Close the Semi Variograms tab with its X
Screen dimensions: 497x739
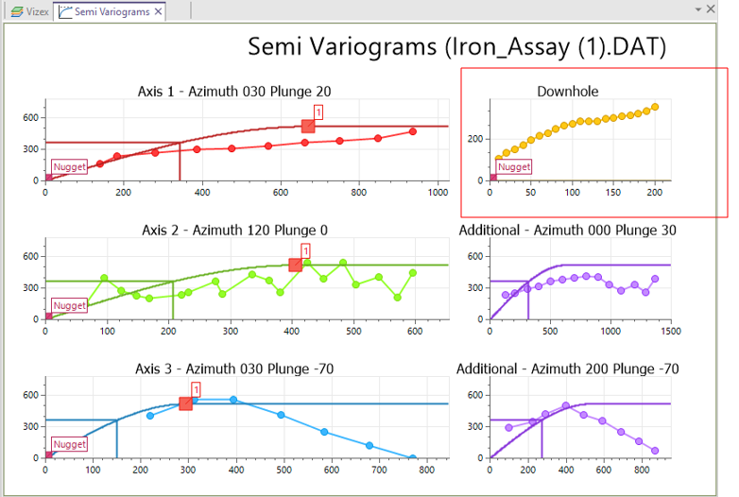click(158, 12)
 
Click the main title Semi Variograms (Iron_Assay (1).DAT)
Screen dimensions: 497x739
click(457, 46)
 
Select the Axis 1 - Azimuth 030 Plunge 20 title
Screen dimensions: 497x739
click(234, 92)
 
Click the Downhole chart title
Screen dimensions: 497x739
click(567, 92)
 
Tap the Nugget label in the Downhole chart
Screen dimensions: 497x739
click(514, 167)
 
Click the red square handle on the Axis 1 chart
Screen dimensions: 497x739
click(307, 126)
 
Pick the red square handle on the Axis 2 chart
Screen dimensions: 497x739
click(295, 266)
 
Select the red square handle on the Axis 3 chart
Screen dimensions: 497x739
click(186, 403)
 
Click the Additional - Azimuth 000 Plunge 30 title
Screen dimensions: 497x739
click(567, 230)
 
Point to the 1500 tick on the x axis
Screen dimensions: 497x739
click(669, 332)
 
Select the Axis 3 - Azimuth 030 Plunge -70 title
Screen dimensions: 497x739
click(234, 368)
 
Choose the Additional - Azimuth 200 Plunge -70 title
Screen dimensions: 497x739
click(567, 368)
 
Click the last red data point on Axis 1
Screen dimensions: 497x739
click(413, 131)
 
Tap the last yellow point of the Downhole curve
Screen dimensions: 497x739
click(655, 107)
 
